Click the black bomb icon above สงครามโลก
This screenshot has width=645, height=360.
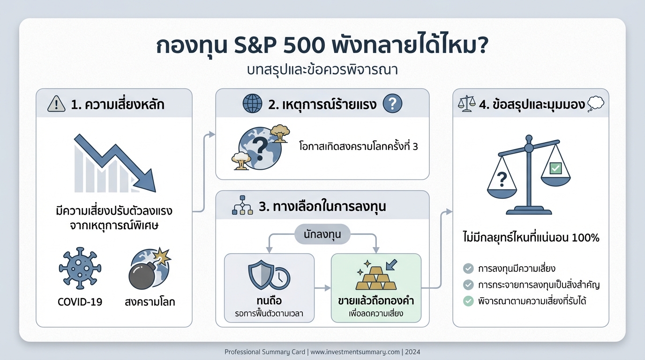[143, 273]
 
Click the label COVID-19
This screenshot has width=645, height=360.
[80, 301]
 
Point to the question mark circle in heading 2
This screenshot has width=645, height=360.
[392, 104]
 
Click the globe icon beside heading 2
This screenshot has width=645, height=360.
[252, 104]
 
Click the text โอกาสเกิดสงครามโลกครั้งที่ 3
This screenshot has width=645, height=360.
[359, 146]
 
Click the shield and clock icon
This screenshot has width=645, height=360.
[269, 277]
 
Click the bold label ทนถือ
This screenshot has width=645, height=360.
[269, 300]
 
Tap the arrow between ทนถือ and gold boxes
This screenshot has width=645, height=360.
[322, 288]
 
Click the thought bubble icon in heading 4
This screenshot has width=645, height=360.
[595, 104]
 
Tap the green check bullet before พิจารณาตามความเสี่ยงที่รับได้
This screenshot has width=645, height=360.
[468, 301]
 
